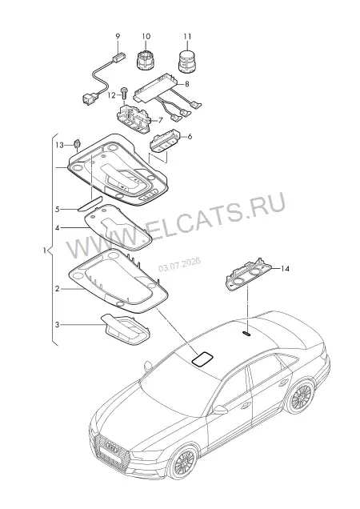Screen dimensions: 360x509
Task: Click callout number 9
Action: point(118,36)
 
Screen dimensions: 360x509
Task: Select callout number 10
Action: point(146,36)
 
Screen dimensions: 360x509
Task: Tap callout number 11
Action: point(187,36)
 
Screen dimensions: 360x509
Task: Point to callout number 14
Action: point(285,268)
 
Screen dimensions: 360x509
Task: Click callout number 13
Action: point(59,145)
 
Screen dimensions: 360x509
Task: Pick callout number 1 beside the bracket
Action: point(45,250)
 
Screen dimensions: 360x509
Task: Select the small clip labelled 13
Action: point(77,143)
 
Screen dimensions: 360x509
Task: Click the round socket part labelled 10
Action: point(146,60)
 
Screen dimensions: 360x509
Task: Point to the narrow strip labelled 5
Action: point(90,203)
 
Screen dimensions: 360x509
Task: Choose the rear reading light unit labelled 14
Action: point(249,275)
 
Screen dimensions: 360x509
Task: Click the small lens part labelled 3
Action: point(126,331)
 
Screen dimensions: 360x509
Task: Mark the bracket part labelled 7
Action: point(134,117)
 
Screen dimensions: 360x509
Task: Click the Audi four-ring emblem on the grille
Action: point(112,448)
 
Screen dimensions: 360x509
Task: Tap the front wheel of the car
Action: point(183,463)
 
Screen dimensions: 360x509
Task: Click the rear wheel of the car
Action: point(302,396)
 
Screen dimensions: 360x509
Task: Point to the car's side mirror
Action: point(219,409)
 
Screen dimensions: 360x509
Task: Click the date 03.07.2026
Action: point(179,264)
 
